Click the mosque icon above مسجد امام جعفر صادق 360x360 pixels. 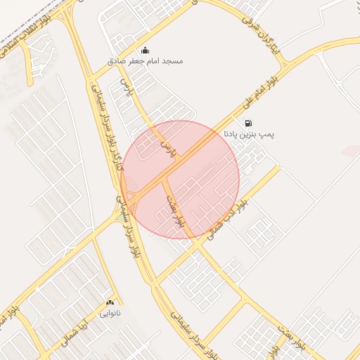tap(146, 50)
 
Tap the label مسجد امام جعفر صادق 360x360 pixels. tap(146, 61)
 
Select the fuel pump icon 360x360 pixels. tap(249, 123)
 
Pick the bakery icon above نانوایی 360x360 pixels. tap(110, 302)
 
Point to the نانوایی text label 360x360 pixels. tap(110, 312)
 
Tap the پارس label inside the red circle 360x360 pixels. tap(167, 146)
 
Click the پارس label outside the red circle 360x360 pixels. tap(127, 89)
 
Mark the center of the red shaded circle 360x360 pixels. tap(180, 180)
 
